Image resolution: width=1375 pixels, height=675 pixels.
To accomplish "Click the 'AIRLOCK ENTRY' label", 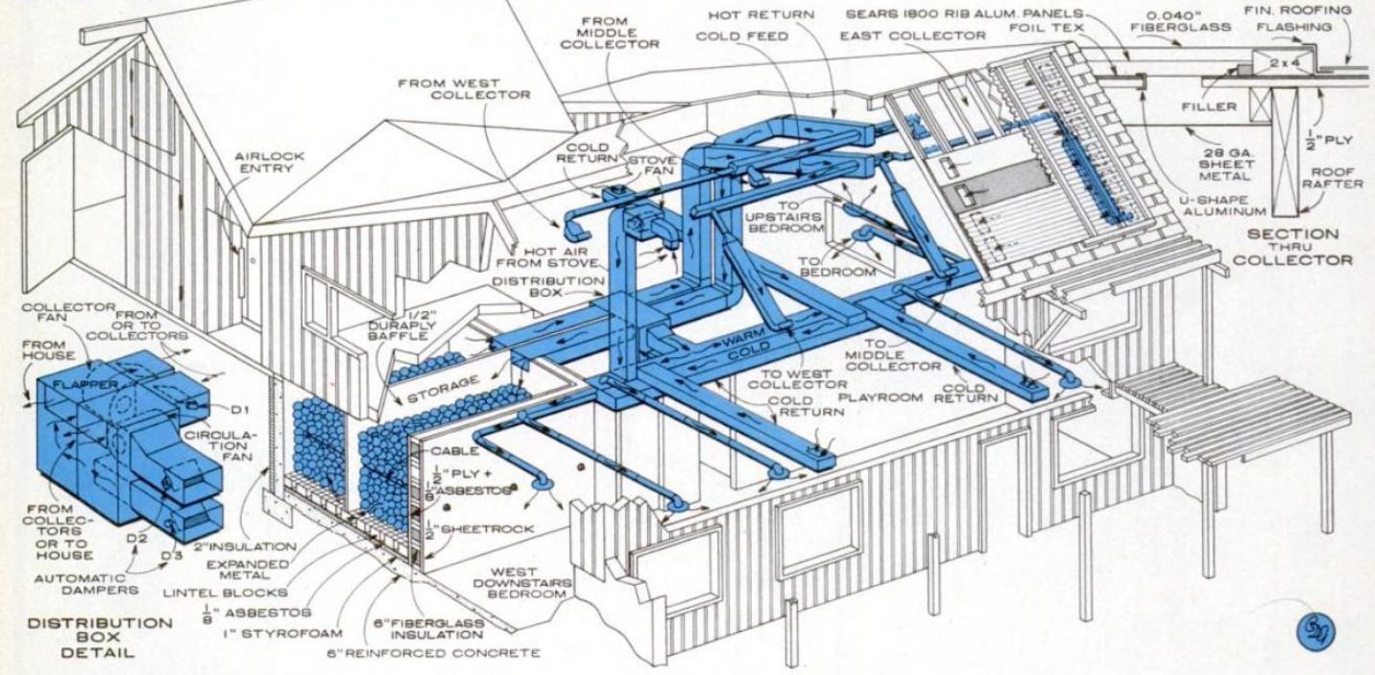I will pyautogui.click(x=261, y=162).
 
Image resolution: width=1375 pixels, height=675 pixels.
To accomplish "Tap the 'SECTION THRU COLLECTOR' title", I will pyautogui.click(x=1293, y=246).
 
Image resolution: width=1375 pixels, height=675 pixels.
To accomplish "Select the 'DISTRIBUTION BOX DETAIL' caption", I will pyautogui.click(x=101, y=638).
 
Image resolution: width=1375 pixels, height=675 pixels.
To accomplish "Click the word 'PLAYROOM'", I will pyautogui.click(x=877, y=395).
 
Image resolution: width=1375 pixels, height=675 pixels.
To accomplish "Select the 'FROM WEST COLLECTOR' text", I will pyautogui.click(x=465, y=89).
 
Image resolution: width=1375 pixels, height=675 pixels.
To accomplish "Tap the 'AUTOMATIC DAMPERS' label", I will pyautogui.click(x=81, y=586).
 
